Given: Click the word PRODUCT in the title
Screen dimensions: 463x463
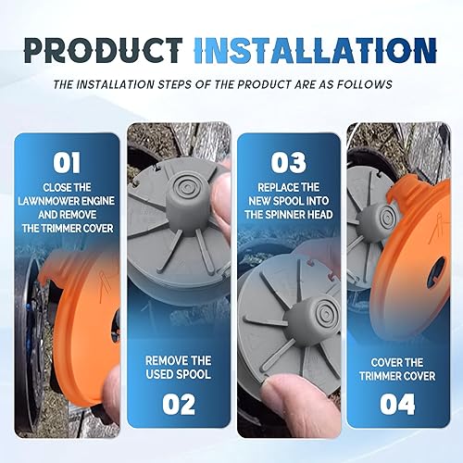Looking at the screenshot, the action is pos(104,50).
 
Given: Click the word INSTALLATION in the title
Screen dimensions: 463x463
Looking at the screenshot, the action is pos(316,50).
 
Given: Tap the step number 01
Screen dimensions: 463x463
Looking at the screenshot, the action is pos(67,162).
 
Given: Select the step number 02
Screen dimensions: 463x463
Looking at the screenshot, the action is pos(179,404).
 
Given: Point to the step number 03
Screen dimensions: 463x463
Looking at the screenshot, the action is pos(289,162).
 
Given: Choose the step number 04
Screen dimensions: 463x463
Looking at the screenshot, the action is pos(397,404).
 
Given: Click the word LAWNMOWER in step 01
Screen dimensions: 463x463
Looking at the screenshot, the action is pos(47,201).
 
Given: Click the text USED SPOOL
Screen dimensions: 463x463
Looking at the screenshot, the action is pos(179,374).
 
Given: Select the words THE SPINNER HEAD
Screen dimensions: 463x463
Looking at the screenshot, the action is pos(289,215).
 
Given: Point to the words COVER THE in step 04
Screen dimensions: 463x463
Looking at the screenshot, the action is pos(397,362).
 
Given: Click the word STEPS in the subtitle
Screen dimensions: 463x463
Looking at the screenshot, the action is pos(174,84).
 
